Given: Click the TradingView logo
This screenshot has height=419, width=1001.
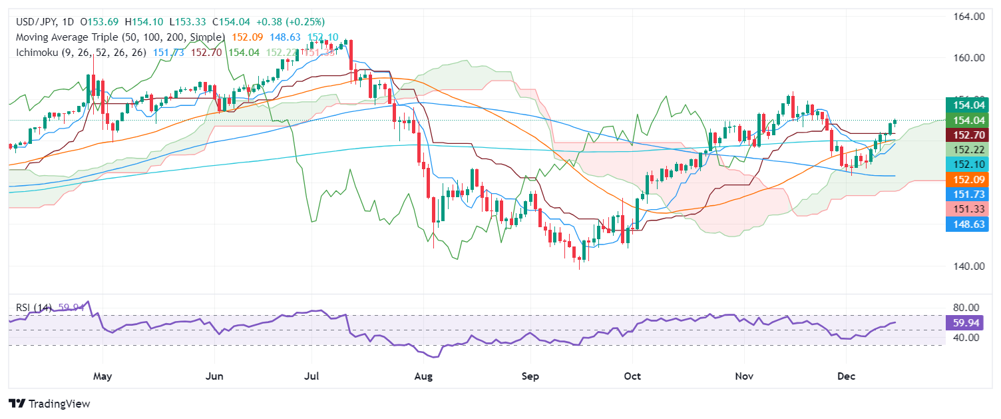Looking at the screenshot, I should (50, 404).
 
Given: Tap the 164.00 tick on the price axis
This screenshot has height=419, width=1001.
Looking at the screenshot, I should (969, 16).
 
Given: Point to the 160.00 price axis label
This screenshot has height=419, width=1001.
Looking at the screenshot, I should (969, 57).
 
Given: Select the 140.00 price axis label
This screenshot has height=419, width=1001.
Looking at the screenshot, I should (969, 266).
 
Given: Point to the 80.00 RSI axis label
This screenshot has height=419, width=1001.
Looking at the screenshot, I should (968, 307).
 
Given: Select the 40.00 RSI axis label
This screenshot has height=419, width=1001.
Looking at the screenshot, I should (968, 337).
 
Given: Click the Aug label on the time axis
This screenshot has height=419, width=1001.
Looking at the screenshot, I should (423, 376).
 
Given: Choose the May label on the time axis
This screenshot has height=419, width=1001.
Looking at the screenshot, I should (102, 376).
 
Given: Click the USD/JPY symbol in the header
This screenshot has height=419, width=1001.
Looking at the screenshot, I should (34, 21).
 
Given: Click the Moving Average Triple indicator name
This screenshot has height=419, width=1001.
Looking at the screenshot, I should (67, 36).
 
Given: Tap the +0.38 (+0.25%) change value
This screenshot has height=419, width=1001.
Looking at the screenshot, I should (294, 21).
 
